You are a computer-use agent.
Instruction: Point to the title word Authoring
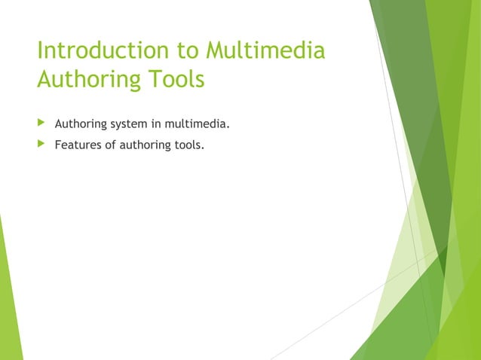point(89,79)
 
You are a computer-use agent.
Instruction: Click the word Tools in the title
point(176,79)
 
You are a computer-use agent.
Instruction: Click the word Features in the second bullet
point(78,145)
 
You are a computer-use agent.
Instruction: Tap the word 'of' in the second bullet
point(112,145)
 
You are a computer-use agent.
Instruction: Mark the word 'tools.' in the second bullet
point(189,145)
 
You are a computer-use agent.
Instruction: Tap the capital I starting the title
point(40,52)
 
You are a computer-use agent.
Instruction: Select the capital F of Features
point(58,145)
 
